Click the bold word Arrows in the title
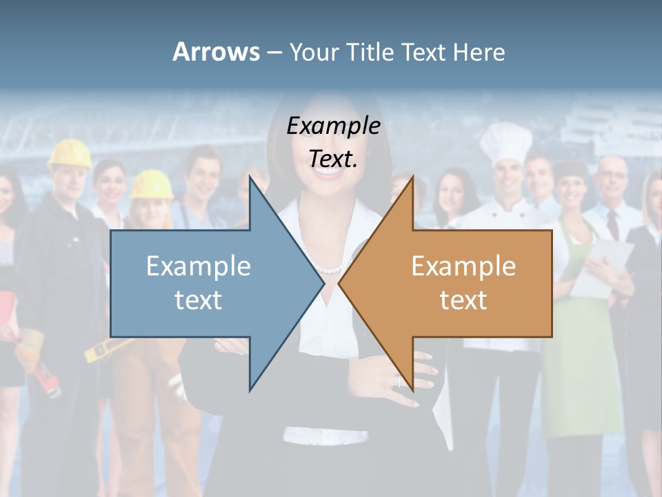point(215,52)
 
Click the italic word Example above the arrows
point(333,126)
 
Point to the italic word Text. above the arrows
point(333,158)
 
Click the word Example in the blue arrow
point(199,266)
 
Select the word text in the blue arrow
point(199,300)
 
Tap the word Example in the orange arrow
point(463,266)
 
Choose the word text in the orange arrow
point(463,300)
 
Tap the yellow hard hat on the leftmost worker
point(70,153)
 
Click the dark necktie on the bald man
point(612,224)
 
